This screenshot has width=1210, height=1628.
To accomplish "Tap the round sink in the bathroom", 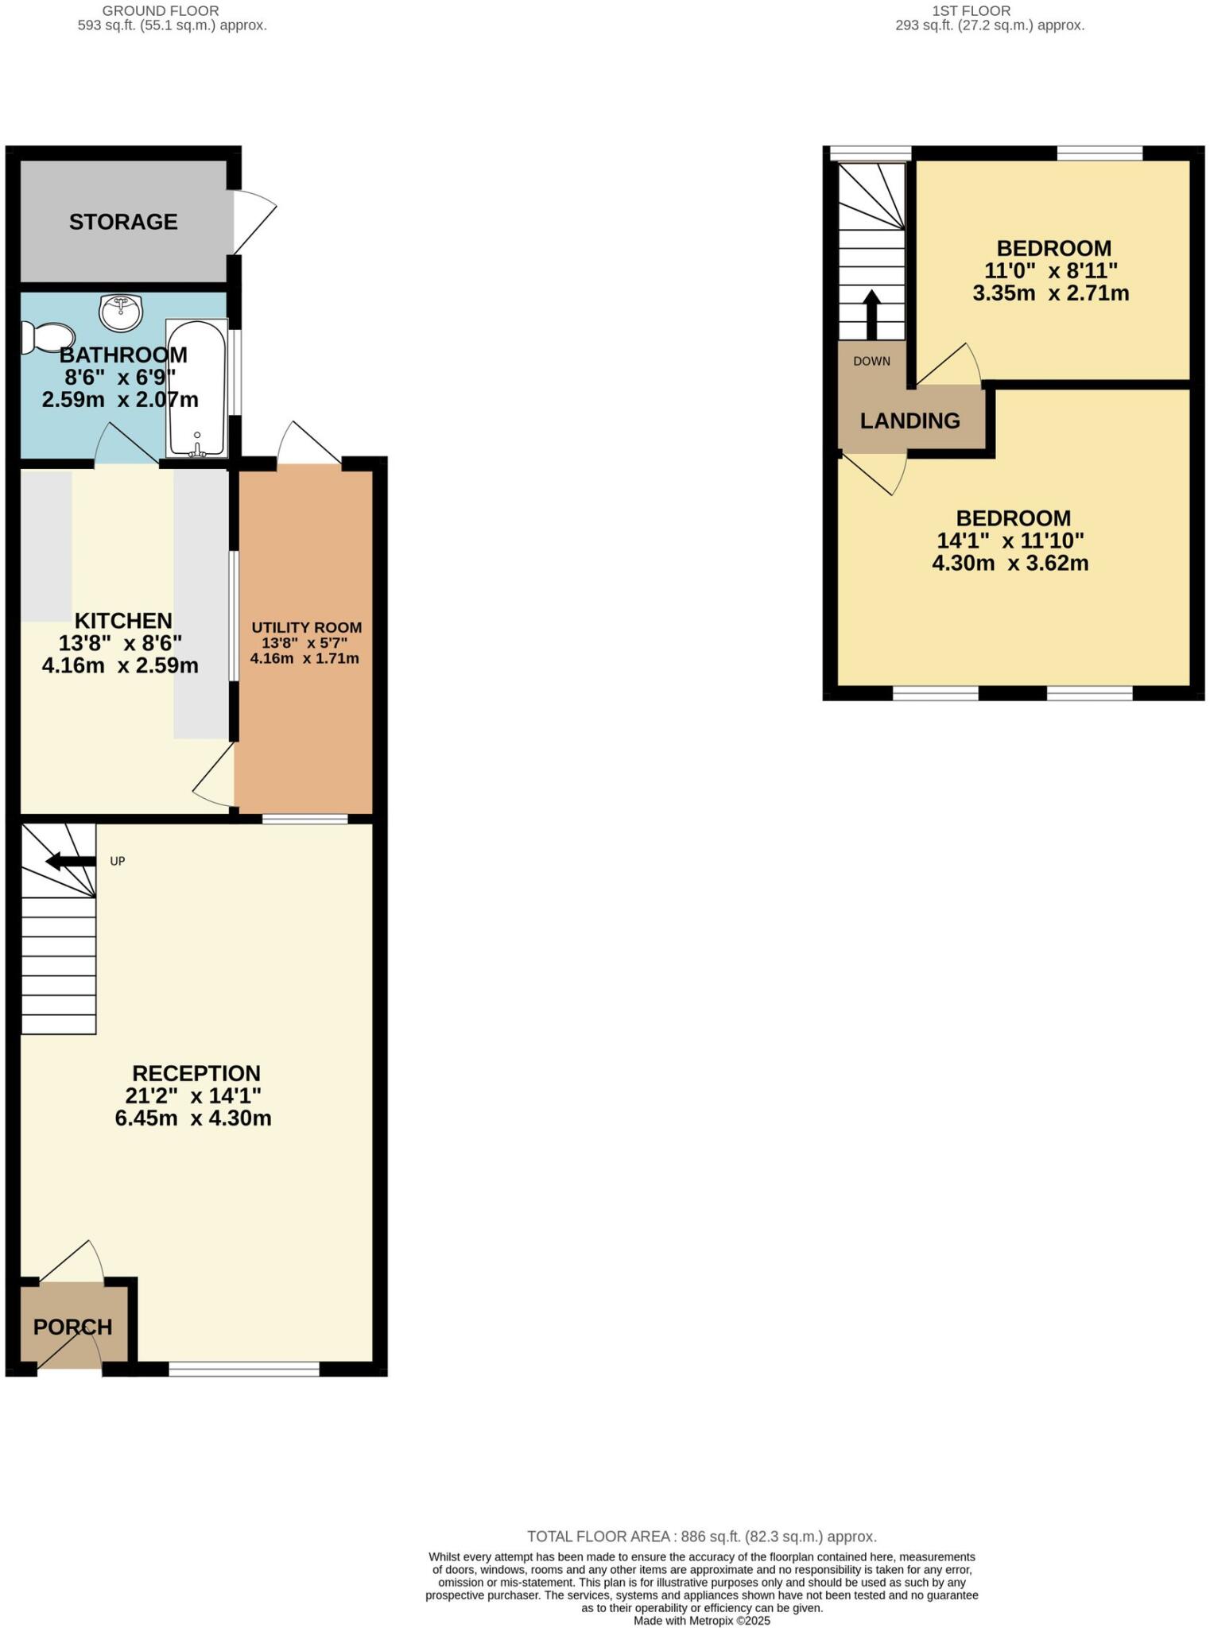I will (x=121, y=312).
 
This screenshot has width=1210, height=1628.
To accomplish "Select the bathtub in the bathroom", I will (x=196, y=388).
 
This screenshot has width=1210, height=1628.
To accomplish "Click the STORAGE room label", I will (x=123, y=222).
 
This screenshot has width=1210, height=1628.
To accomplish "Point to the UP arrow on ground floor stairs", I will (x=70, y=862).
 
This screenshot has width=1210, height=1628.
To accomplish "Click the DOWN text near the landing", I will (x=871, y=362).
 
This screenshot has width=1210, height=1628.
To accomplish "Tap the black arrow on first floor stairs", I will (x=871, y=315).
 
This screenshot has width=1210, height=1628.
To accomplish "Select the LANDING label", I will (x=909, y=421).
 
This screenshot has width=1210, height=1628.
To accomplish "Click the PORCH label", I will (x=72, y=1327).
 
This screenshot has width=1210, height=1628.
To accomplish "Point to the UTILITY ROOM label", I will (x=306, y=627).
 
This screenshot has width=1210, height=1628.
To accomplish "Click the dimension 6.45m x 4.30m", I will (x=193, y=1118).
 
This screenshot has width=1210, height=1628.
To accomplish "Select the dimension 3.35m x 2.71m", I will (x=1050, y=293).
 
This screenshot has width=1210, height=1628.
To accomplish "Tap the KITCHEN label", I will (x=123, y=620).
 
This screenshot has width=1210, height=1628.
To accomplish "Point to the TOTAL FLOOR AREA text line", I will (x=701, y=1537).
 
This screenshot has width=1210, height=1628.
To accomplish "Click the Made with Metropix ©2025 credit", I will (x=701, y=1620).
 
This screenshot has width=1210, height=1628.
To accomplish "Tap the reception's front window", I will (x=244, y=1369).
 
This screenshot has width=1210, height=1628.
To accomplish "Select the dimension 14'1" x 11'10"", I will (x=1010, y=541).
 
